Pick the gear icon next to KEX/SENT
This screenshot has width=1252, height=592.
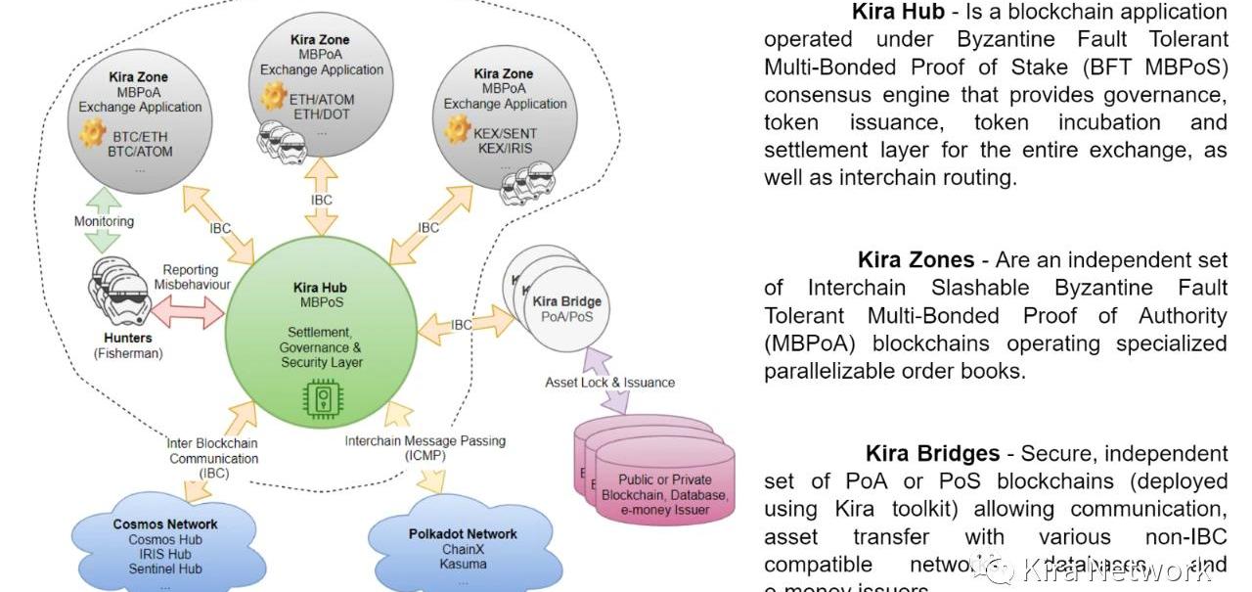456,128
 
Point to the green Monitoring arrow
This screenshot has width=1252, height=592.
103,220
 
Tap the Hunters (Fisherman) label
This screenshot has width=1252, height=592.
128,345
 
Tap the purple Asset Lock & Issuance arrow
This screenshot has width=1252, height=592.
608,382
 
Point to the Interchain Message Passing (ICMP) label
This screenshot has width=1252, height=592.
425,448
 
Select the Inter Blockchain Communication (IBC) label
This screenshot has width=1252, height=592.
213,457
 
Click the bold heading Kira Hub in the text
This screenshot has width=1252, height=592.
898,12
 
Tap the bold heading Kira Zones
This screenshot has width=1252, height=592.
916,260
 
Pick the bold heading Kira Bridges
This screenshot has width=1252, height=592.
932,454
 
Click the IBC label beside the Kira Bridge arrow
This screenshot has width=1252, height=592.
461,325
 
